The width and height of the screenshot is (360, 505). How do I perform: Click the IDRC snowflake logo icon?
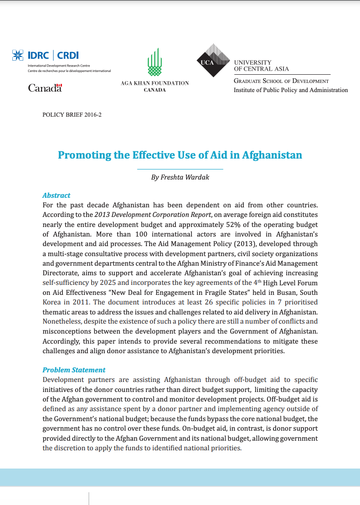click(x=18, y=56)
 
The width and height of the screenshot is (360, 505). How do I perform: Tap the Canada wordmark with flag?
click(x=45, y=88)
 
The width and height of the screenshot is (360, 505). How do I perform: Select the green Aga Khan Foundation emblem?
click(x=154, y=63)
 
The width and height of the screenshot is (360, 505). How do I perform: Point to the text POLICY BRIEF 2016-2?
click(x=72, y=115)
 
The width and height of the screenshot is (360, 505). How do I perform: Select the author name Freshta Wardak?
click(x=180, y=177)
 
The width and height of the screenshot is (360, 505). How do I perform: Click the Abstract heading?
click(x=56, y=195)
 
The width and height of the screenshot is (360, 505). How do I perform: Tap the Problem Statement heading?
click(x=74, y=370)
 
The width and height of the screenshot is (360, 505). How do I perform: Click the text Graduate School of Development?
click(x=281, y=81)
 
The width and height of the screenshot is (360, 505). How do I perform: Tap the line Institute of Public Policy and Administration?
click(x=291, y=90)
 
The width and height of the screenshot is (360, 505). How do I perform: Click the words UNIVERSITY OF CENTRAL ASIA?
click(x=261, y=66)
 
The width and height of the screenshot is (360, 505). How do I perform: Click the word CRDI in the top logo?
click(x=68, y=56)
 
